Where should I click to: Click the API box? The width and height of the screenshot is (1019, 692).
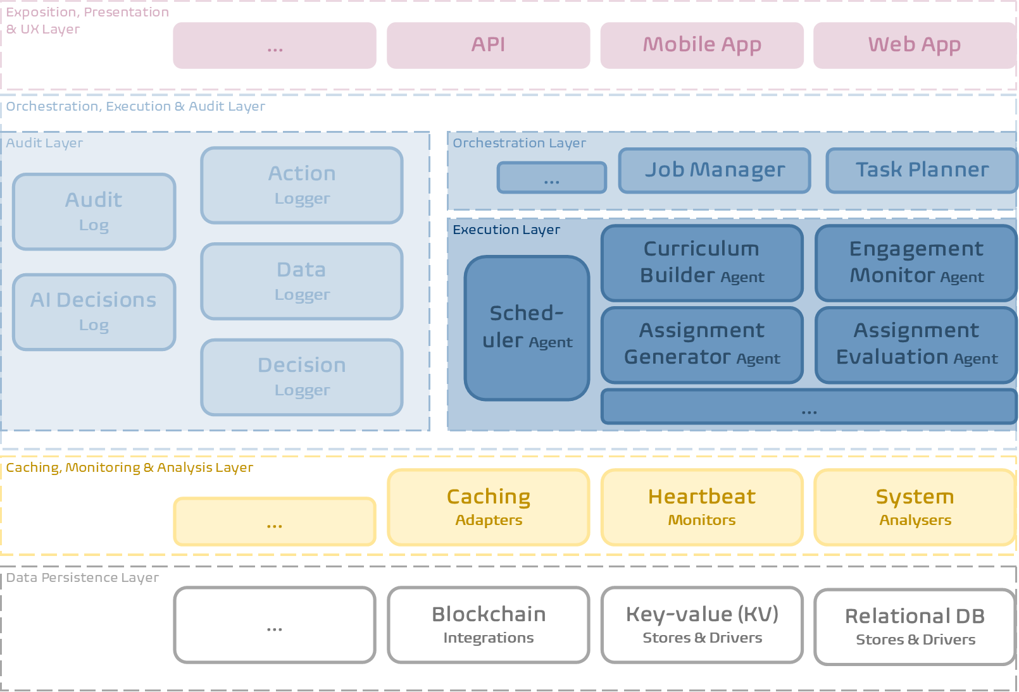488,46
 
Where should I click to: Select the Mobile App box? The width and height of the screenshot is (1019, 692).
701,46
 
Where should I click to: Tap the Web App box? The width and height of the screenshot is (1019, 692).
914,46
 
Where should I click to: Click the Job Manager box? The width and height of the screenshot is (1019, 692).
715,170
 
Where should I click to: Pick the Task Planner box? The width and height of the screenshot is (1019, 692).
922,170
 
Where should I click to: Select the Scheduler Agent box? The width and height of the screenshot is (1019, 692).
527,328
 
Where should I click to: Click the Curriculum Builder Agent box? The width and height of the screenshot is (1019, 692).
701,263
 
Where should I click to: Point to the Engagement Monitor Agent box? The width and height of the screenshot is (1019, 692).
916,263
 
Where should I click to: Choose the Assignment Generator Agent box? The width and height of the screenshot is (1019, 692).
701,345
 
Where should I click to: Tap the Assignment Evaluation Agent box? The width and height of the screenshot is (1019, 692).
916,345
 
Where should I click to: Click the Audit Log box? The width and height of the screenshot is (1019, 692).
94,211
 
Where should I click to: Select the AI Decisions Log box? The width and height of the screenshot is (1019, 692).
94,311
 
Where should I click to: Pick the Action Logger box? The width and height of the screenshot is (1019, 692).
302,185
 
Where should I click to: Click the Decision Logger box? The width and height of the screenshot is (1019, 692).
302,377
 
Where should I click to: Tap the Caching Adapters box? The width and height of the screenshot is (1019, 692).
488,507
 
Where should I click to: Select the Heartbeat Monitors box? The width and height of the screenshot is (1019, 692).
701,507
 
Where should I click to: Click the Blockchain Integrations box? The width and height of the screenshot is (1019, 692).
488,624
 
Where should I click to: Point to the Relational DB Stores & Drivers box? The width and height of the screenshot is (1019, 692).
915,626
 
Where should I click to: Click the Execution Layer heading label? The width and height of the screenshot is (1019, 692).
506,230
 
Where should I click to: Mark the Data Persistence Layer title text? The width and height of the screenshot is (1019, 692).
82,578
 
